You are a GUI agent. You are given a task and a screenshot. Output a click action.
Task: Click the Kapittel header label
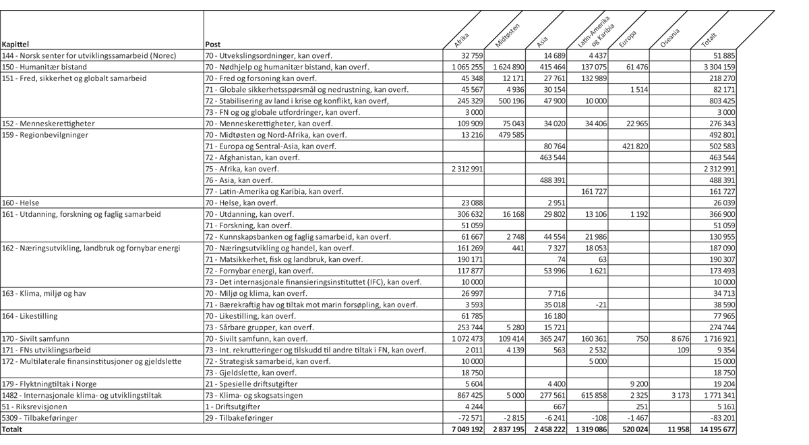pyautogui.click(x=16, y=45)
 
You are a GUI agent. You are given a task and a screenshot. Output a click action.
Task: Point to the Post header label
pyautogui.click(x=212, y=45)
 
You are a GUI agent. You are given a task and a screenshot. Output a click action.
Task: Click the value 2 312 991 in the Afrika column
pyautogui.click(x=466, y=169)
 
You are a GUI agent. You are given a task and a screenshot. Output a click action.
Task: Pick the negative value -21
pyautogui.click(x=600, y=305)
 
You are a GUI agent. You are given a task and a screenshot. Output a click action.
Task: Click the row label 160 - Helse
pyautogui.click(x=21, y=203)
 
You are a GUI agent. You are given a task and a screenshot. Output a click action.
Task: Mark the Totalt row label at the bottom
pyautogui.click(x=12, y=429)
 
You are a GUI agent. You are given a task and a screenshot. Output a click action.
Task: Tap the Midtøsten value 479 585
pyautogui.click(x=510, y=134)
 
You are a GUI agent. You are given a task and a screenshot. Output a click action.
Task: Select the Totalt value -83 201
pyautogui.click(x=720, y=418)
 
